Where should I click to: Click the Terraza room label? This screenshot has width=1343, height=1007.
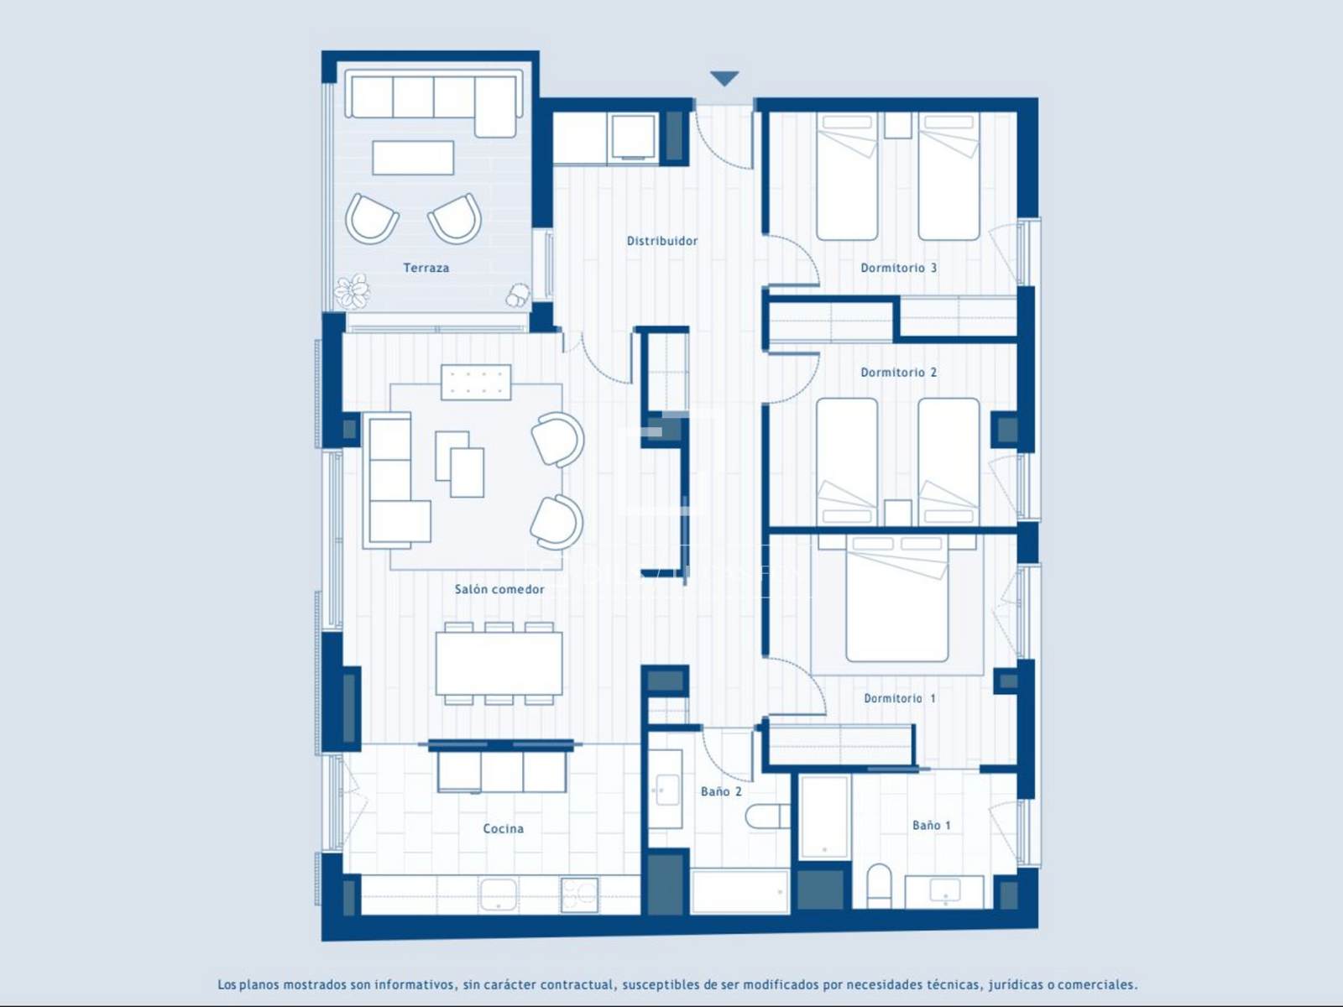[x=426, y=268]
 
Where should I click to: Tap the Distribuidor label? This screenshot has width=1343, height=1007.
[x=662, y=241]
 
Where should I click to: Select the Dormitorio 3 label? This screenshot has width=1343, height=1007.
[x=898, y=268]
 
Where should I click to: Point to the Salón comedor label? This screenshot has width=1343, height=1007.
[x=499, y=589]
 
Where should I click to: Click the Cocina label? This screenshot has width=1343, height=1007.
[x=503, y=828]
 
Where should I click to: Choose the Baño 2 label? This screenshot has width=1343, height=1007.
[x=721, y=792]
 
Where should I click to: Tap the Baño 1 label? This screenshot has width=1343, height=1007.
[x=931, y=826]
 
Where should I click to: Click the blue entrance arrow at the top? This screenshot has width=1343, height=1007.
[x=724, y=78]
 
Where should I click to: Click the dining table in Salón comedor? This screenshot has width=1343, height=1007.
[x=499, y=664]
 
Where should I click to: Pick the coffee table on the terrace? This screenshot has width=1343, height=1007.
[x=413, y=158]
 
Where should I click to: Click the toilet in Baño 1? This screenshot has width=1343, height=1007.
[x=879, y=886]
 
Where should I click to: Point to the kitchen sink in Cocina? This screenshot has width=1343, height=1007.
[x=499, y=895]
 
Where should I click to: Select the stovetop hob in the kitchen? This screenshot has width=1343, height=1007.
[x=579, y=895]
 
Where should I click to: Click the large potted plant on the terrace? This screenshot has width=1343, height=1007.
[x=353, y=291]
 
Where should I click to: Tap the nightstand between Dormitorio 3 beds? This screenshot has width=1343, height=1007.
[x=897, y=125]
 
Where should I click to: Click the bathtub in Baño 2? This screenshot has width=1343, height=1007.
[x=739, y=892]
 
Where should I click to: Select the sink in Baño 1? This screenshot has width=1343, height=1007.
[x=944, y=892]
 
